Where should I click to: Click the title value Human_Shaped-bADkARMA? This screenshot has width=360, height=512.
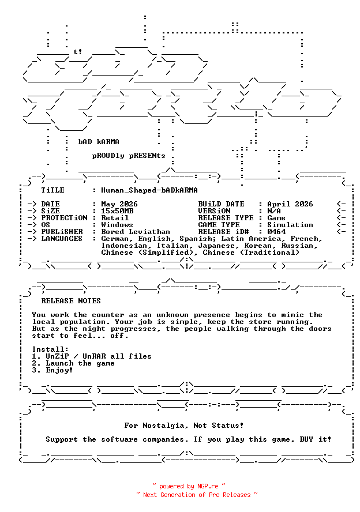pyautogui.click(x=149, y=190)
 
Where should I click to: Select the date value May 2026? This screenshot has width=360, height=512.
pyautogui.click(x=119, y=204)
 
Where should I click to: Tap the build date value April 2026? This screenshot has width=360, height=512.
pyautogui.click(x=290, y=204)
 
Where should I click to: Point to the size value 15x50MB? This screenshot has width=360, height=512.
pyautogui.click(x=117, y=211)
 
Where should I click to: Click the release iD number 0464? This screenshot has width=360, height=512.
pyautogui.click(x=276, y=232)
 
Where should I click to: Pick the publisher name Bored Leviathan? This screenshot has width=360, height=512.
pyautogui.click(x=136, y=232)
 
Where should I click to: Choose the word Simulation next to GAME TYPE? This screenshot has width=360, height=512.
pyautogui.click(x=290, y=225)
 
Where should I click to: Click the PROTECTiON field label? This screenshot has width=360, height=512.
pyautogui.click(x=64, y=218)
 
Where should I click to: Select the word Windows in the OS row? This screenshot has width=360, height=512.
pyautogui.click(x=117, y=225)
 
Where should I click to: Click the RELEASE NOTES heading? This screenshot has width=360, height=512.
pyautogui.click(x=71, y=301)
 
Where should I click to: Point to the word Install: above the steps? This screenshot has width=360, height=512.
pyautogui.click(x=50, y=349)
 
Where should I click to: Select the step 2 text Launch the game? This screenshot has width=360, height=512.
pyautogui.click(x=80, y=363)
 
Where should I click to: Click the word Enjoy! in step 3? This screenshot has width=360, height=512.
pyautogui.click(x=59, y=370)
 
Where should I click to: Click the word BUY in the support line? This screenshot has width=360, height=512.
pyautogui.click(x=306, y=439)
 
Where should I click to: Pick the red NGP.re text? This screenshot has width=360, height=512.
pyautogui.click(x=208, y=486)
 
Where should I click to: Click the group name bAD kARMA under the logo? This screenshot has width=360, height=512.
pyautogui.click(x=99, y=142)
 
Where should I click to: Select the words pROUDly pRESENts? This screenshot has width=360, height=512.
pyautogui.click(x=129, y=156)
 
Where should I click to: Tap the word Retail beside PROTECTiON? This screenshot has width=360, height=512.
pyautogui.click(x=115, y=218)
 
